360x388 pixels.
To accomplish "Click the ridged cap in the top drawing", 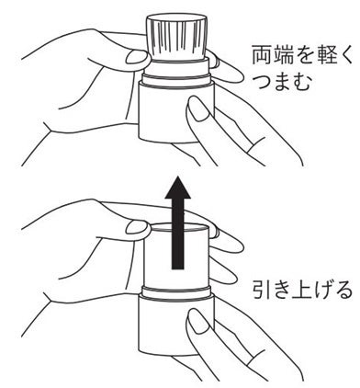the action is (x=177, y=37).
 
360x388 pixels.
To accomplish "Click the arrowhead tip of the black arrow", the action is (x=178, y=177).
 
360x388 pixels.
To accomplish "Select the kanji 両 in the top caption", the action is (x=262, y=54).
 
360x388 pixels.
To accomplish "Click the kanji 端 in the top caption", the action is (x=282, y=54).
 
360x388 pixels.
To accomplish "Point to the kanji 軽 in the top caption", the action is (x=322, y=54).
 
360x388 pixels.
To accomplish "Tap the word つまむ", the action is (x=283, y=81).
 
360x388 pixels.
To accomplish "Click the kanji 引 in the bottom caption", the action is (x=263, y=291).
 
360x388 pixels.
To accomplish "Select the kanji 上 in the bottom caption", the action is (x=302, y=291).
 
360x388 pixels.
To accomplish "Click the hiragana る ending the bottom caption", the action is (x=342, y=291).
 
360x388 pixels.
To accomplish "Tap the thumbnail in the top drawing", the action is (x=137, y=57).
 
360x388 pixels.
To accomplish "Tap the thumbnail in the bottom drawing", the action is (x=137, y=227).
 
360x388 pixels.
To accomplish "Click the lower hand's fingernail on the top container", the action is (x=197, y=108).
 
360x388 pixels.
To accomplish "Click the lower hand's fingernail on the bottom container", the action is (x=197, y=320).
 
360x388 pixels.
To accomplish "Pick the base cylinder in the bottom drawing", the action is (x=176, y=325).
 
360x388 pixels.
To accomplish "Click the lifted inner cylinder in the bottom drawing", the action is (x=176, y=256).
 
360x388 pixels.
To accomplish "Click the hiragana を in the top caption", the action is (x=302, y=55).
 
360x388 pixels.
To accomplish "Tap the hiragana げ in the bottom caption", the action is (x=322, y=291).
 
